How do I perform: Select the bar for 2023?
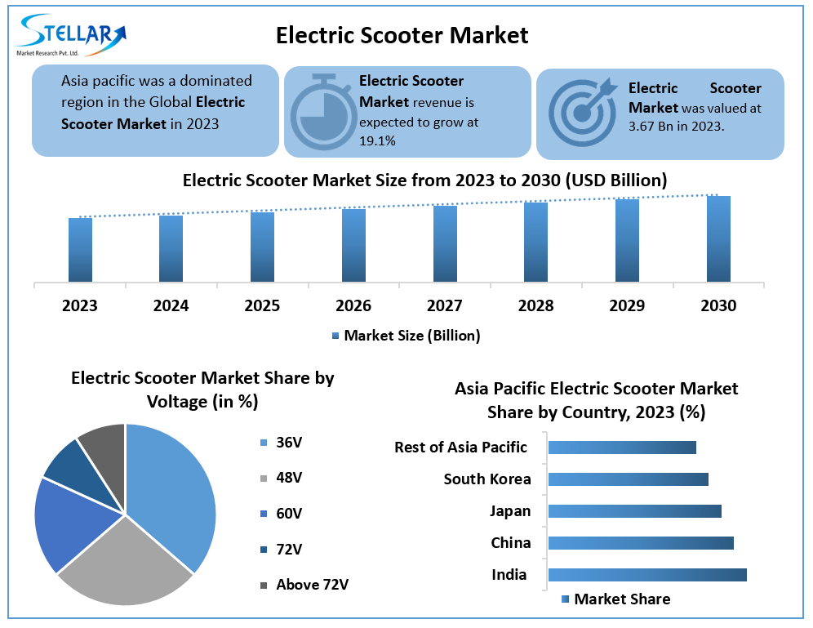click(x=80, y=249)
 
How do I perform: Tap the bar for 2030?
click(x=718, y=238)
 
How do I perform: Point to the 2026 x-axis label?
click(x=353, y=305)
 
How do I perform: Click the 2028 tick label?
click(x=535, y=305)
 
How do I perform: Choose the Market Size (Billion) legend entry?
click(x=406, y=335)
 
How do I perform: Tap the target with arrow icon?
click(x=581, y=111)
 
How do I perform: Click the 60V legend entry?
click(x=282, y=514)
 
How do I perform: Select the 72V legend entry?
click(x=282, y=549)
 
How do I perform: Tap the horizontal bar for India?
click(x=647, y=575)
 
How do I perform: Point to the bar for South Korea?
click(x=628, y=479)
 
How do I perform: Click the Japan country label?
click(x=510, y=511)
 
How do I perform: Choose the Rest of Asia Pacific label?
click(x=460, y=448)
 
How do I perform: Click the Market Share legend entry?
click(x=615, y=599)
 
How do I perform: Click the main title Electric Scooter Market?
click(x=402, y=35)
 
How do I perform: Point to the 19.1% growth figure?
click(x=377, y=140)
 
